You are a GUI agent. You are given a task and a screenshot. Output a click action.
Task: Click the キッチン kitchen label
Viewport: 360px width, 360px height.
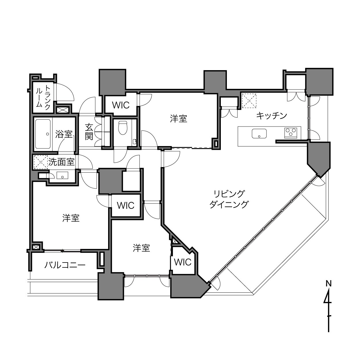pyautogui.click(x=271, y=116)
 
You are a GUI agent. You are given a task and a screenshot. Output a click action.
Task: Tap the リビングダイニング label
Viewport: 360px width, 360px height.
pyautogui.click(x=229, y=199)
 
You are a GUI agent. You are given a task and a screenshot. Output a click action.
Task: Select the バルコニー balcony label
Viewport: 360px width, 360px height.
pyautogui.click(x=65, y=265)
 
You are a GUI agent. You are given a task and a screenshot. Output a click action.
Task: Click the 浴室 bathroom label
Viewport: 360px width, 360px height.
pyautogui.click(x=64, y=134)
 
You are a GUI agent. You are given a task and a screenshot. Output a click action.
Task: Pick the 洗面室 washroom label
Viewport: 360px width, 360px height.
pyautogui.click(x=62, y=162)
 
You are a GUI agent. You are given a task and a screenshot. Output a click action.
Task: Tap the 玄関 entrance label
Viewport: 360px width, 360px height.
pyautogui.click(x=89, y=132)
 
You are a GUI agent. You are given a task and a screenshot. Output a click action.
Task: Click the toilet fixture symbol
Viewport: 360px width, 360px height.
pyautogui.click(x=123, y=128)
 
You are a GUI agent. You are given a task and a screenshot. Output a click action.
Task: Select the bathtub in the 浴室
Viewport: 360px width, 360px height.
pyautogui.click(x=43, y=134)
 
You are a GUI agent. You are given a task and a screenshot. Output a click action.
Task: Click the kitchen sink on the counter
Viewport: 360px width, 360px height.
pyautogui.click(x=259, y=134)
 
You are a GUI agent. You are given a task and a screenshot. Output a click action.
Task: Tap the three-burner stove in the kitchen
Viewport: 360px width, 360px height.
pyautogui.click(x=291, y=133)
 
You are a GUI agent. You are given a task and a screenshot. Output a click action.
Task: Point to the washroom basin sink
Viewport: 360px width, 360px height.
pyautogui.click(x=62, y=175)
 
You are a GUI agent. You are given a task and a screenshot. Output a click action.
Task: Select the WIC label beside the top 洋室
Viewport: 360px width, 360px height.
pyautogui.click(x=121, y=105)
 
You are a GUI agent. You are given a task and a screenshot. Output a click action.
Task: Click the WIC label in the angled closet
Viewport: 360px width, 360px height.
pyautogui.click(x=183, y=262)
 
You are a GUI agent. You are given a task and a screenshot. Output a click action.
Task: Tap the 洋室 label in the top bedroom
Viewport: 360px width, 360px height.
pyautogui.click(x=179, y=119)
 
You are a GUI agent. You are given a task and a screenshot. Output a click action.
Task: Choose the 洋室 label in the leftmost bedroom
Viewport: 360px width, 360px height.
pyautogui.click(x=71, y=218)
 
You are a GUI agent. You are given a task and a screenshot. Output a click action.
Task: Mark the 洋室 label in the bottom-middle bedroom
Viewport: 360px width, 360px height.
pyautogui.click(x=141, y=248)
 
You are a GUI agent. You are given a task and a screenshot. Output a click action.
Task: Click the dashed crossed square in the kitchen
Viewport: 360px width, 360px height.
pyautogui.click(x=249, y=101)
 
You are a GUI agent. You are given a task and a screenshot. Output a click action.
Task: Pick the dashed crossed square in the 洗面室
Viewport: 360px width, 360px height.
pyautogui.click(x=41, y=162)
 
